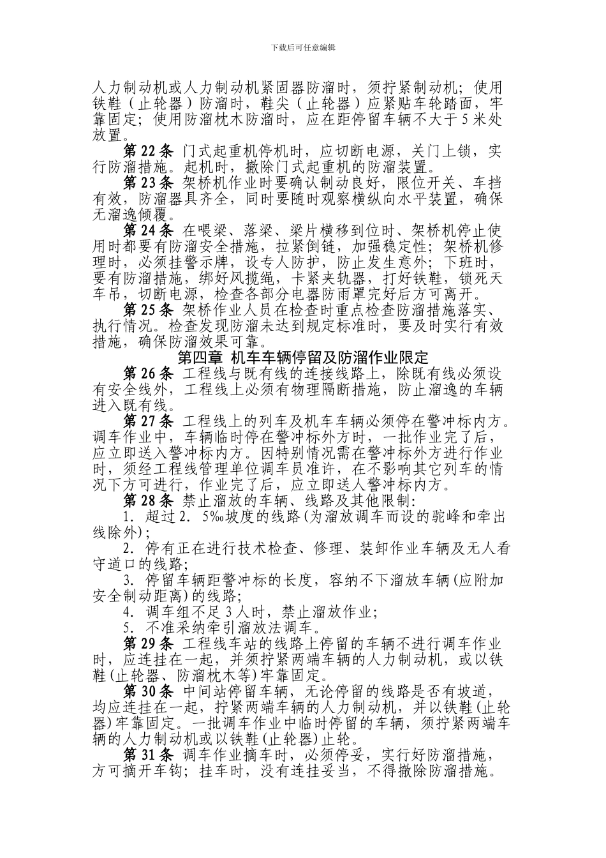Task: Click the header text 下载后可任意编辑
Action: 303,47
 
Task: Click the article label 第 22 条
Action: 148,151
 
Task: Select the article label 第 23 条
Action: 148,183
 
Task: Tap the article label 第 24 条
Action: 148,230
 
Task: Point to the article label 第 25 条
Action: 148,309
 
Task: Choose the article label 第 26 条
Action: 148,372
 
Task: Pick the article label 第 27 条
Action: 148,420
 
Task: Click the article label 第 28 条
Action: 148,499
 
